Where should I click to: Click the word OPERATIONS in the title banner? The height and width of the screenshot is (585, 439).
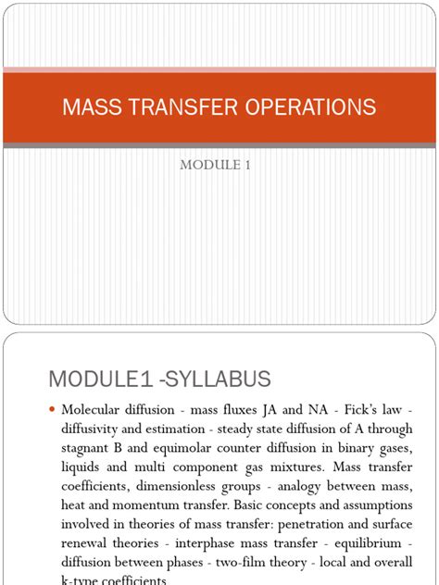(x=308, y=106)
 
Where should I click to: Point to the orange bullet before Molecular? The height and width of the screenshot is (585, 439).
(x=52, y=408)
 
